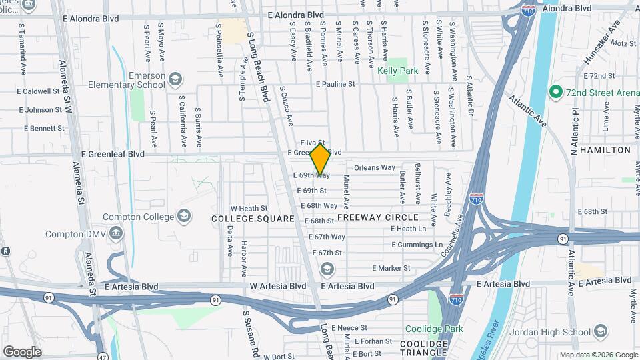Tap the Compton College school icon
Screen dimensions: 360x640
click(183, 215)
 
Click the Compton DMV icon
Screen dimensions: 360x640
click(116, 234)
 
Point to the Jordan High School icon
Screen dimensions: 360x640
click(601, 331)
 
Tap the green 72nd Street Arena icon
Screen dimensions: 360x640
click(553, 92)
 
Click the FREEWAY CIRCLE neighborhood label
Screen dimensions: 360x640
click(378, 217)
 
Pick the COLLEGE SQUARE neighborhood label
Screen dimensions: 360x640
click(253, 219)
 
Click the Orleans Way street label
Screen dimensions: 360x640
click(375, 167)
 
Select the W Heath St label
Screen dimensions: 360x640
click(249, 208)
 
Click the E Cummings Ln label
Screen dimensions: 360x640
click(417, 245)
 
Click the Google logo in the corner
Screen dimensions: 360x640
click(22, 351)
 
